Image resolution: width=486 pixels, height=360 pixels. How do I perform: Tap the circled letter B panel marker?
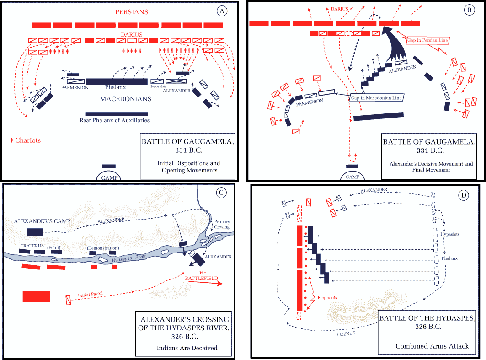(468, 10)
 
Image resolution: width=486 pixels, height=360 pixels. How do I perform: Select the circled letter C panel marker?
(221, 193)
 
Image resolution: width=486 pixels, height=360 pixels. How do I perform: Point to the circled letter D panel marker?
(464, 195)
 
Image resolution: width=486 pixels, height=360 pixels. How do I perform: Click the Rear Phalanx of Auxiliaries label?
(114, 121)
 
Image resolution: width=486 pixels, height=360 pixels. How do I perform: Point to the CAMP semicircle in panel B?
(352, 177)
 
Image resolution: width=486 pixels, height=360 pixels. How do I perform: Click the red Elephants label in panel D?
(327, 298)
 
